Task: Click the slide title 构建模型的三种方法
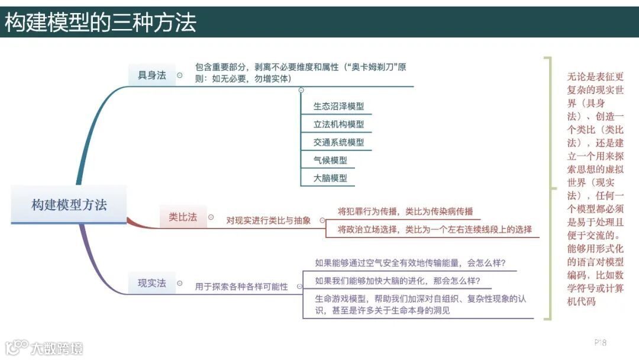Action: click(x=101, y=22)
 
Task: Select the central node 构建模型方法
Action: click(x=69, y=205)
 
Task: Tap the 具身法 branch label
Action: click(x=152, y=75)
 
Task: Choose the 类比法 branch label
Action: click(x=183, y=217)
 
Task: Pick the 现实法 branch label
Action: click(x=152, y=283)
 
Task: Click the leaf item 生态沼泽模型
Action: click(x=338, y=107)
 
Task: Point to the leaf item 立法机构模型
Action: click(x=338, y=124)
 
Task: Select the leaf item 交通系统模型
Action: click(x=338, y=142)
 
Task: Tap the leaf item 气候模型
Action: click(x=330, y=160)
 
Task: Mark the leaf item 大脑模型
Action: click(x=330, y=178)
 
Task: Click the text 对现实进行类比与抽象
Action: click(x=268, y=220)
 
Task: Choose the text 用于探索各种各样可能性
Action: click(x=241, y=287)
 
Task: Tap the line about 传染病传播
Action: click(x=405, y=211)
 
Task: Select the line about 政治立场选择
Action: click(x=434, y=229)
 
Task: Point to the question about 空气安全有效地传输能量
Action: click(x=410, y=263)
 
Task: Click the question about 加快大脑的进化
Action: click(x=397, y=281)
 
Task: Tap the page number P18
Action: click(x=601, y=342)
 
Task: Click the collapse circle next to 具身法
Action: click(x=180, y=75)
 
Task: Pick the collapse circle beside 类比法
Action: click(x=211, y=217)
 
